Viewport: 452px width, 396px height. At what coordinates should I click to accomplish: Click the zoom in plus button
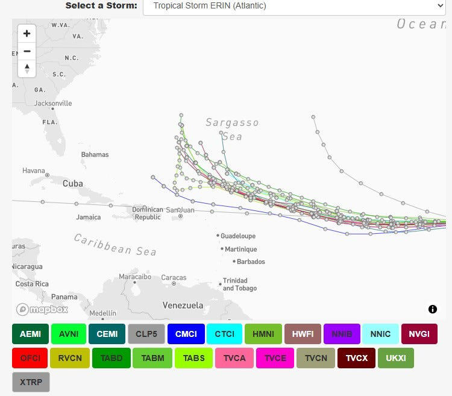27,34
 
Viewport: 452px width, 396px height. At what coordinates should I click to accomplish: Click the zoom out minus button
27,51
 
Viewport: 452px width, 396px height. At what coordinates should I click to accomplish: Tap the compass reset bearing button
27,69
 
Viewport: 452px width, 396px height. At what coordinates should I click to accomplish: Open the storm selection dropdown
294,6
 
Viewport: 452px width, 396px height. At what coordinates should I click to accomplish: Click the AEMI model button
30,334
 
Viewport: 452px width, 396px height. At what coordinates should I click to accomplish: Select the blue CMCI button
186,334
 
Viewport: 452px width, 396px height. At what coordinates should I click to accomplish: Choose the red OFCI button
30,358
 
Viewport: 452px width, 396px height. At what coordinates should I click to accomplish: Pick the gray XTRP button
31,382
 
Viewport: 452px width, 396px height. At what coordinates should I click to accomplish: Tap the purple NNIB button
342,334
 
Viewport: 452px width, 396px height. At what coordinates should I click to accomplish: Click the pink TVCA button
234,358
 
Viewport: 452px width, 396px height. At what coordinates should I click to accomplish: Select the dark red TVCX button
356,358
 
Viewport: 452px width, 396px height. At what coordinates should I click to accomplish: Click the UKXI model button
396,358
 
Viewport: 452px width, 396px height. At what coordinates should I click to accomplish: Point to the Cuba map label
72,183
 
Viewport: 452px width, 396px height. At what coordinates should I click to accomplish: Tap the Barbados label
251,262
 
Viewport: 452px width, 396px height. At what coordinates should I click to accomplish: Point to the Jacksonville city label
53,103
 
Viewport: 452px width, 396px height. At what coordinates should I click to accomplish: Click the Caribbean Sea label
115,245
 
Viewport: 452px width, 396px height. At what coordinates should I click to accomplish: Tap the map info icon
433,309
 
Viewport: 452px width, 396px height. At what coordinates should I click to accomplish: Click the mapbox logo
42,309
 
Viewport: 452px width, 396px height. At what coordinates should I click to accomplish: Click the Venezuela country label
183,305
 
